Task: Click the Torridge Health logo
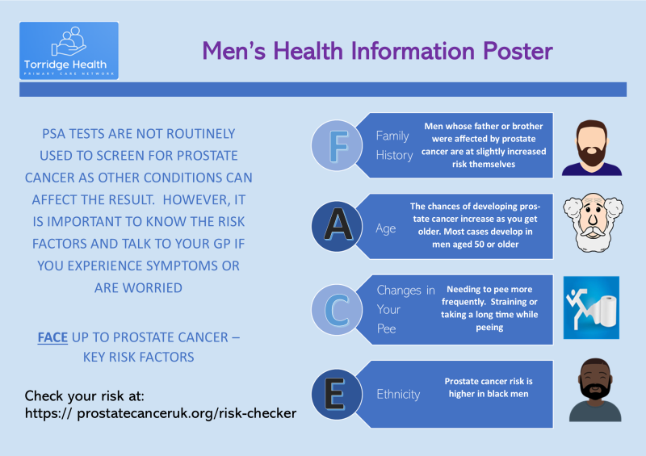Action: (69, 50)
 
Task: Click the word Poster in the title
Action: (518, 51)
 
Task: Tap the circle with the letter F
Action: (337, 145)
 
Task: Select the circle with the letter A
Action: (337, 226)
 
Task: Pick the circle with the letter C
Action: (337, 310)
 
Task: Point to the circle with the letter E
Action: (337, 394)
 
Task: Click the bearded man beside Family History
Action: (592, 148)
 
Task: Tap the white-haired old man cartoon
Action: (593, 223)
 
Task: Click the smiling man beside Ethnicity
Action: (595, 390)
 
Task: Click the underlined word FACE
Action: (52, 337)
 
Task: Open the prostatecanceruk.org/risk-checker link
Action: (160, 413)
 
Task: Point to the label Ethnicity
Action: (398, 394)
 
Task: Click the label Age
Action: (386, 228)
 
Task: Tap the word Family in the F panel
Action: (392, 136)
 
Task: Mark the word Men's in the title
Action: (233, 51)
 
